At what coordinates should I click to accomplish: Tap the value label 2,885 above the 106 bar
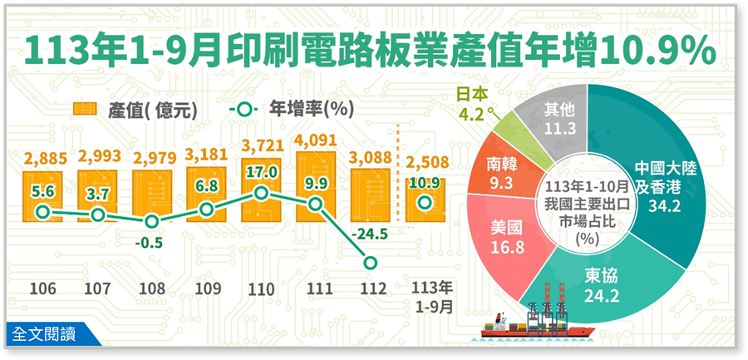(46, 156)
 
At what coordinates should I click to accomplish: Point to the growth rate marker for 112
(371, 264)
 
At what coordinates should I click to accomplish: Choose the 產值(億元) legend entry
(133, 109)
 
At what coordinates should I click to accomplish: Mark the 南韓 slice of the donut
(508, 170)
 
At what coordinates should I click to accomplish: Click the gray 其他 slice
(554, 116)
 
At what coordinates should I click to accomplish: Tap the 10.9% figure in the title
(656, 51)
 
